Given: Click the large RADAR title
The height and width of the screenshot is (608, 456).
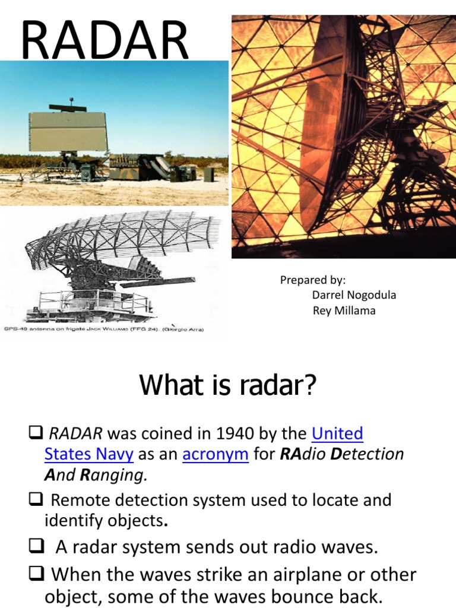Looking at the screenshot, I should point(104,40).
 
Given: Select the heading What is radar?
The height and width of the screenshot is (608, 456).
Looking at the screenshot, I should point(228,386).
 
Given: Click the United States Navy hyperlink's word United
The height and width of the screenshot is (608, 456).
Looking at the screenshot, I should point(337,433).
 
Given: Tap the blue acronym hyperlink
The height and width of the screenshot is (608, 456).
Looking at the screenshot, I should point(215,454).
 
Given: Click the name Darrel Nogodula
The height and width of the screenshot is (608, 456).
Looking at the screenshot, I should point(354,295).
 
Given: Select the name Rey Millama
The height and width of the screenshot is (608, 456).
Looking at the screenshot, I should point(344,311).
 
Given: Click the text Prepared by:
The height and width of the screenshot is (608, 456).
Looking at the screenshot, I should point(313,280).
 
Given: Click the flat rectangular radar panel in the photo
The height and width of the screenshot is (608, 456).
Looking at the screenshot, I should point(68,129).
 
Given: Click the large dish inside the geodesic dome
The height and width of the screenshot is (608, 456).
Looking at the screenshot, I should point(332,137).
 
